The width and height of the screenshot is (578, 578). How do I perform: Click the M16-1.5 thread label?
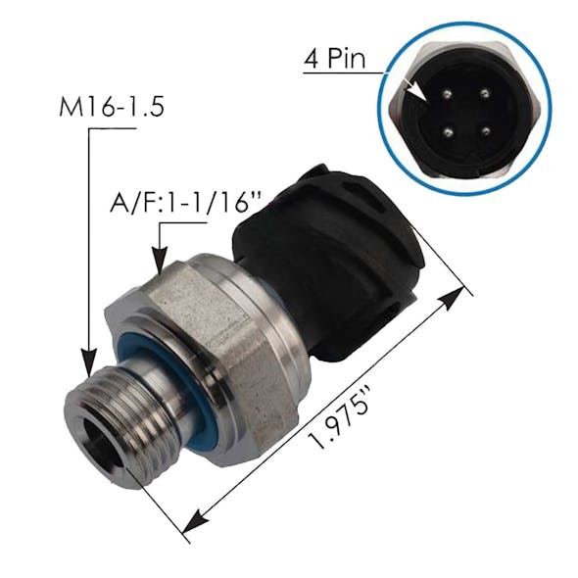(112, 107)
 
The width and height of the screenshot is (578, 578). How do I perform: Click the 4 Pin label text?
(334, 59)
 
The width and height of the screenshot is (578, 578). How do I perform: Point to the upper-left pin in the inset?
(447, 95)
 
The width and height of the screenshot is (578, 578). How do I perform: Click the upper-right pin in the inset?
(484, 94)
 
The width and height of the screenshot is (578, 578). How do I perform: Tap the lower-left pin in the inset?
(448, 132)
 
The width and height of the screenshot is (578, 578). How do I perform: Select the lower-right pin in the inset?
(486, 131)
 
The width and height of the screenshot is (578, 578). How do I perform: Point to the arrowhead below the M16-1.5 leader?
(88, 362)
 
